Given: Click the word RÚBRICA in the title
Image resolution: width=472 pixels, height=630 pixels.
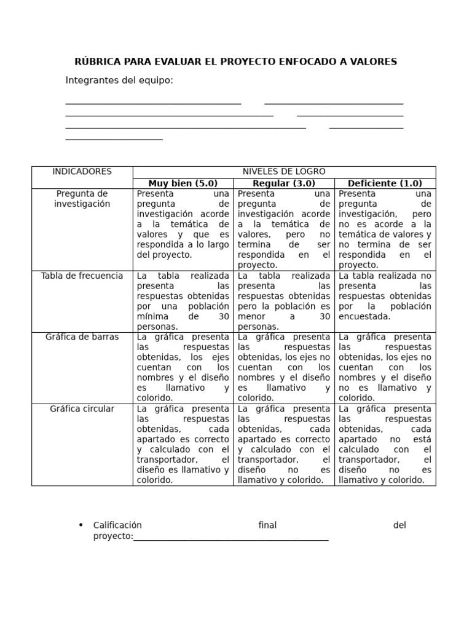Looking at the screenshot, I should coord(98,62).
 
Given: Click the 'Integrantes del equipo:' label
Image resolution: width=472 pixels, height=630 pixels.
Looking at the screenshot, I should coord(119,81).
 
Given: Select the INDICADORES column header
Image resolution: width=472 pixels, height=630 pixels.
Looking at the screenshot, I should coord(82,172).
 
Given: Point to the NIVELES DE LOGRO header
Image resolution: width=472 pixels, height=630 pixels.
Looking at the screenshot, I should coord(284,172).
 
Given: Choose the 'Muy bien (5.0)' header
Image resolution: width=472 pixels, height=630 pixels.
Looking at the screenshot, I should coord(183,183).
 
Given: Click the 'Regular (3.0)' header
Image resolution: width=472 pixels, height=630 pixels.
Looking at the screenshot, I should coord(284,183).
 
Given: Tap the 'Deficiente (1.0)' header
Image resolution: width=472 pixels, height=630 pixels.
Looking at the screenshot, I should coord(385,183).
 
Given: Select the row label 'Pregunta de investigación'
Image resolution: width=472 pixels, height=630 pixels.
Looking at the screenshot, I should coord(82,199).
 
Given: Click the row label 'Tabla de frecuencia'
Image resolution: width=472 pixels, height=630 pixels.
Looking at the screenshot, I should coord(82,276).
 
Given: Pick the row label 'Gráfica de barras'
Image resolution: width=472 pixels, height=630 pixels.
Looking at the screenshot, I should coord(82,337).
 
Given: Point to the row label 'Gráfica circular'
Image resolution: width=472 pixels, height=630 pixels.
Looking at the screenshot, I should coord(82,409).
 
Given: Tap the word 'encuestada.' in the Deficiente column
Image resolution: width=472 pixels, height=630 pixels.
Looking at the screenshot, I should coord(364,317).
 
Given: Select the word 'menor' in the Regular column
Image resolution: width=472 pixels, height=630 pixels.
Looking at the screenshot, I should coord(251,317).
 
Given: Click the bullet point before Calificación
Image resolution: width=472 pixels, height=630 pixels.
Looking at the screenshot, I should coord(81,525).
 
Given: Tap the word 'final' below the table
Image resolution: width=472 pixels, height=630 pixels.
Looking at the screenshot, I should coord(267,525).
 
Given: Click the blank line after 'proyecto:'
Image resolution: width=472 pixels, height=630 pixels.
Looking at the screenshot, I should coord(231,537).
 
